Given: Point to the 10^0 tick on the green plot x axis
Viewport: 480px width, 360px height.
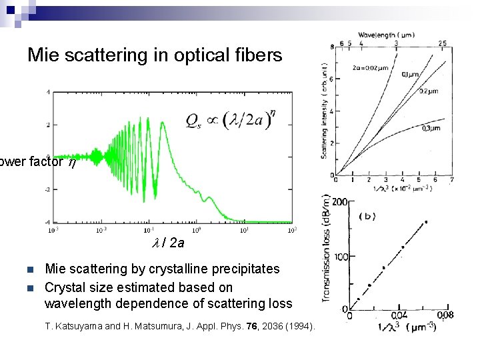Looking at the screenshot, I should coord(198,230).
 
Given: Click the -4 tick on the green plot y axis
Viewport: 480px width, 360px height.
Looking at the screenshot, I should coord(47,221).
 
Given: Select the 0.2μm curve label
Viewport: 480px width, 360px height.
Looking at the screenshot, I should coord(429,92).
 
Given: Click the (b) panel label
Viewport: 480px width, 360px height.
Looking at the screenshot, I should coord(370,216).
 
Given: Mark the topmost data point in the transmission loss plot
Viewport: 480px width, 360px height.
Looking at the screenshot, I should coord(426,222).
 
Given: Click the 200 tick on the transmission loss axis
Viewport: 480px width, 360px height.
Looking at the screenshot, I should coord(340,202).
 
